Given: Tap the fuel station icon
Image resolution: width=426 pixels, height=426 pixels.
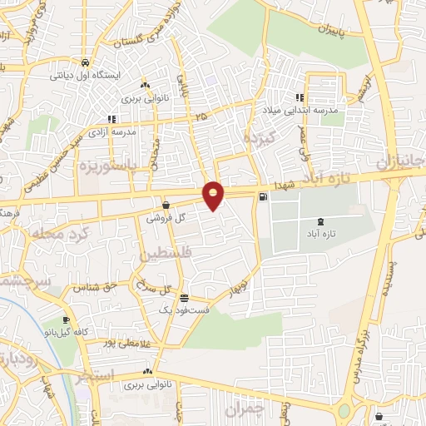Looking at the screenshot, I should [x=264, y=197].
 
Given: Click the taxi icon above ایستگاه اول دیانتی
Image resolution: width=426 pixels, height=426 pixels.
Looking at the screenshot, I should [x=86, y=62].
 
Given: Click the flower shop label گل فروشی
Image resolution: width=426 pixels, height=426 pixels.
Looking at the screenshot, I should [x=164, y=218].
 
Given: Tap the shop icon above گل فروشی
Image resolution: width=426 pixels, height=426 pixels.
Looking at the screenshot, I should [x=166, y=205].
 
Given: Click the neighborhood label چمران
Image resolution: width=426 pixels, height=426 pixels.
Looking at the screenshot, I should [x=247, y=409].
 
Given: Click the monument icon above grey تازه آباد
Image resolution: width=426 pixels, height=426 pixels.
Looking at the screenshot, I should [x=321, y=221].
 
